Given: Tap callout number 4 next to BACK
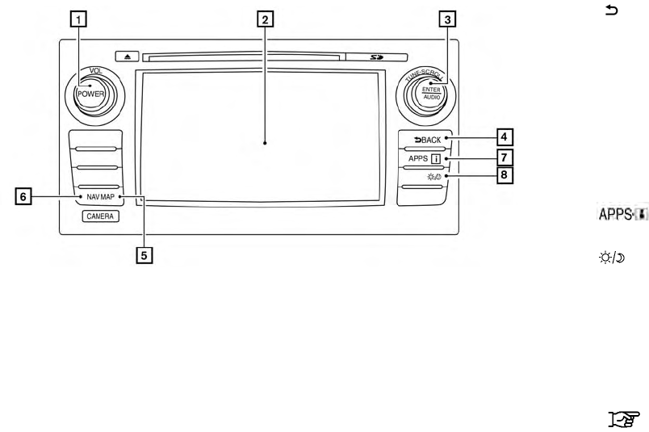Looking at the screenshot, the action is coord(505,136).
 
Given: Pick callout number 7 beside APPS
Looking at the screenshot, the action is coord(505,156).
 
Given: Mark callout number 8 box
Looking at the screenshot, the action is coord(505,173).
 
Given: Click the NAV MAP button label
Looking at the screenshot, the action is coord(102,197).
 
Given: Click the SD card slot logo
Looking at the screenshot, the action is coord(377,57).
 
